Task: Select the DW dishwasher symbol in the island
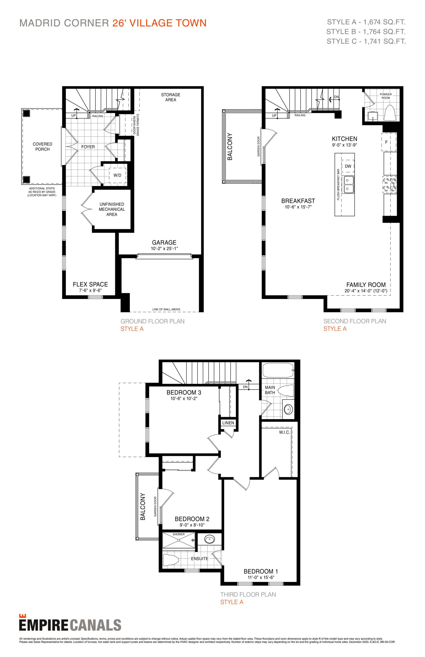(x=348, y=166)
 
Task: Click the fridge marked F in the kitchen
(x=389, y=142)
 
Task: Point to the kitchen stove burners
(x=390, y=185)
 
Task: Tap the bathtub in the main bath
(x=278, y=370)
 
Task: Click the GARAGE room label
(x=164, y=242)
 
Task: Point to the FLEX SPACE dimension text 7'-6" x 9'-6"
(x=90, y=291)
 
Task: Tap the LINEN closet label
(x=228, y=423)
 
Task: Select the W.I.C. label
(x=284, y=432)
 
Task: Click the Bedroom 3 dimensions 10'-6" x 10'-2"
(x=184, y=399)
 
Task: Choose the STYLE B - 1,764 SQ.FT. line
(x=366, y=32)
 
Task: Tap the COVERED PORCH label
(x=43, y=147)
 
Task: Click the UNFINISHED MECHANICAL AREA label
(x=112, y=209)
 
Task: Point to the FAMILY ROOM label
(x=366, y=285)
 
